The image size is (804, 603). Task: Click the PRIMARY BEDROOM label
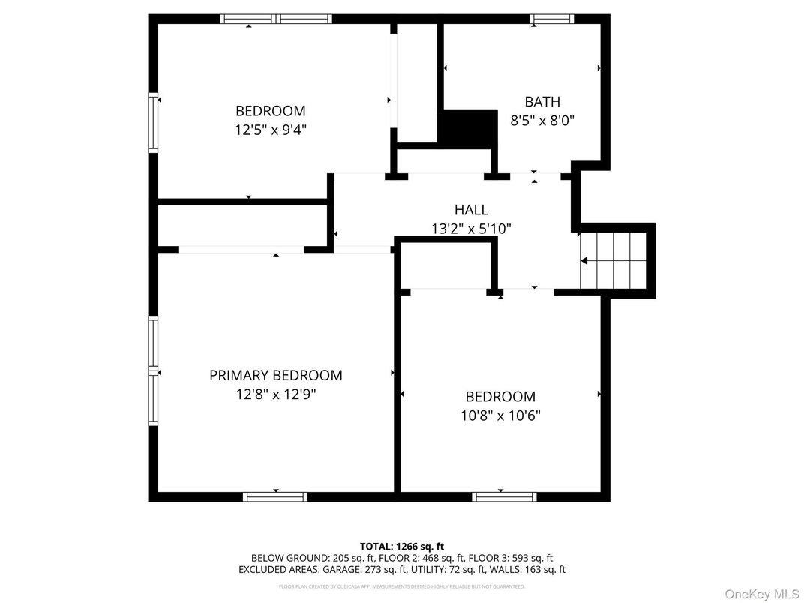(275, 375)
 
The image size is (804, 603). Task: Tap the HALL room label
(470, 210)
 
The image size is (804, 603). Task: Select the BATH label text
(541, 101)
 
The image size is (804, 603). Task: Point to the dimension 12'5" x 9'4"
(270, 130)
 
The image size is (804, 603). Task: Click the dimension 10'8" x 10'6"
(500, 415)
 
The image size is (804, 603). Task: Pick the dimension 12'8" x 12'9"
(275, 394)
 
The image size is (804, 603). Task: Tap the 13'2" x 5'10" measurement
(470, 229)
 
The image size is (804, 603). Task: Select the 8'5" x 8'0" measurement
(541, 120)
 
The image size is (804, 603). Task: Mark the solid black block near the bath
(468, 127)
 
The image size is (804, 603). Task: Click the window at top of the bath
(551, 19)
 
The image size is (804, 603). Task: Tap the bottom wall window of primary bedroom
(275, 496)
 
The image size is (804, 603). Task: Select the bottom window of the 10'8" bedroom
(504, 496)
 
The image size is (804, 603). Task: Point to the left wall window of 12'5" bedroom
(154, 122)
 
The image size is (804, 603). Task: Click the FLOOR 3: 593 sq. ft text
(510, 558)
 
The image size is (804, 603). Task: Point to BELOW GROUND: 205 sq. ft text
(307, 558)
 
